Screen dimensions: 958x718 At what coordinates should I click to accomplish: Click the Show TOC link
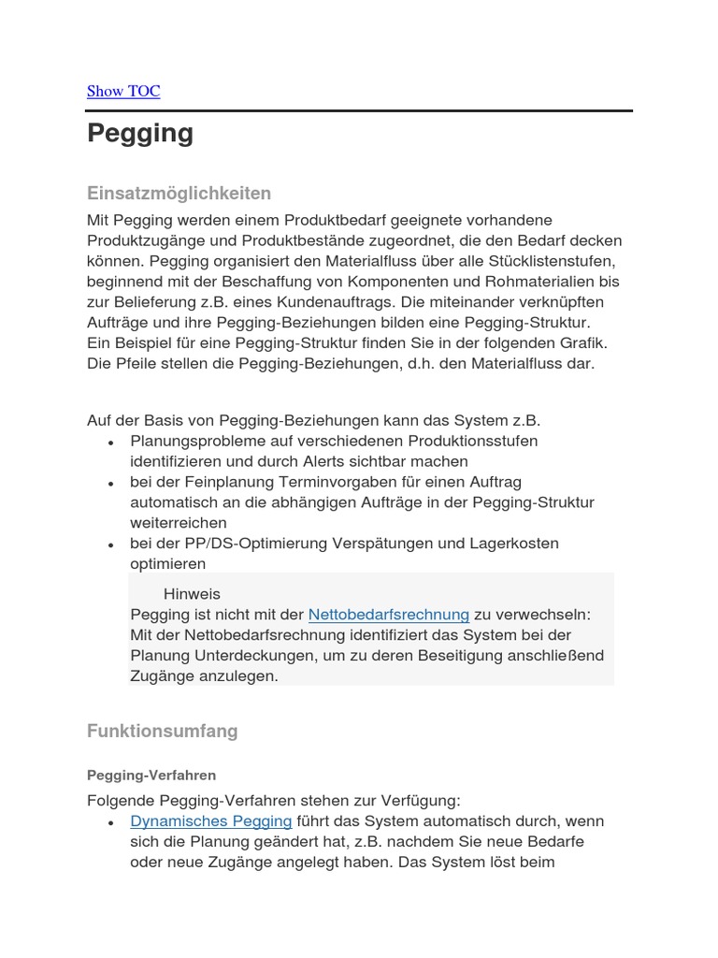coord(123,91)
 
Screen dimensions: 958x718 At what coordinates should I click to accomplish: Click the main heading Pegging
coord(140,134)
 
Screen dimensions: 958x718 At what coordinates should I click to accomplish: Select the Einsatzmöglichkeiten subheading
coord(179,194)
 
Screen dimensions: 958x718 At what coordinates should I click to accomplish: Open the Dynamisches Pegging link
coord(211,821)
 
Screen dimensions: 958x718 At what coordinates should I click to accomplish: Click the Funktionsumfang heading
coord(162,731)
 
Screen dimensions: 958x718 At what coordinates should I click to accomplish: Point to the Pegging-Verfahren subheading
coord(151,776)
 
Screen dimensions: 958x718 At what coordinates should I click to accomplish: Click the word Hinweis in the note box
coord(192,594)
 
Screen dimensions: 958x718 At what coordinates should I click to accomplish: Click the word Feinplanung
coord(228,482)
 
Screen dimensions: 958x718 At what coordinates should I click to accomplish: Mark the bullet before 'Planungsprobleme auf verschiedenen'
coord(111,443)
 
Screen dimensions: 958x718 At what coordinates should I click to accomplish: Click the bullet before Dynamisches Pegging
coord(111,823)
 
